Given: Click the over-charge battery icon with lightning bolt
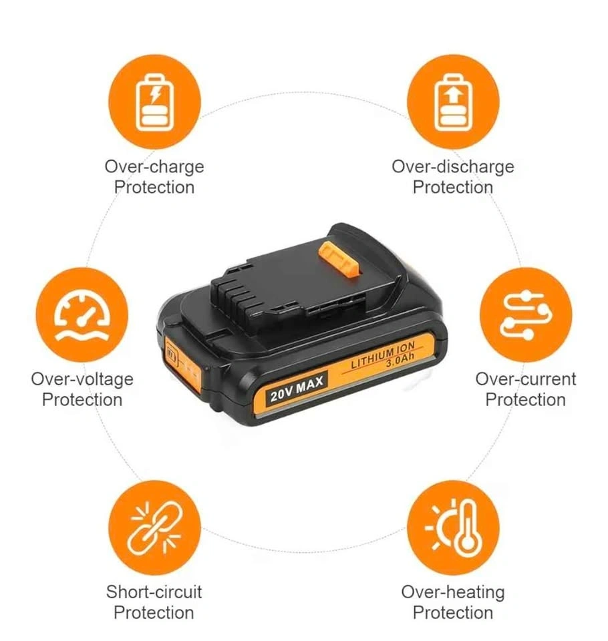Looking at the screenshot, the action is (154, 102).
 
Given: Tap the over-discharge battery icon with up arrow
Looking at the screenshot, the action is (453, 102).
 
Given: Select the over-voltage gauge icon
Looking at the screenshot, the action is (82, 315).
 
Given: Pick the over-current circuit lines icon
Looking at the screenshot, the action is (526, 315).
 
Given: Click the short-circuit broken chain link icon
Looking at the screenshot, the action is (154, 527).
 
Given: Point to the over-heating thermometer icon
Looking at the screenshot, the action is (453, 527).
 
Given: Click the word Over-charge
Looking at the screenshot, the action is (154, 167).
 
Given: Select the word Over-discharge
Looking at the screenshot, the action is (453, 167).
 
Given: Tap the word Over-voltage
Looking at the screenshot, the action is (82, 379).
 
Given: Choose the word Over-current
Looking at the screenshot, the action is (526, 379).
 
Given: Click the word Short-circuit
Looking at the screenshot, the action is (154, 592).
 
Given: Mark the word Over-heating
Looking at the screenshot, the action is (453, 592).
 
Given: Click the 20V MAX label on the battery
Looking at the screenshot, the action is (297, 389).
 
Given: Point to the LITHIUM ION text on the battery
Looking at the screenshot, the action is (383, 355).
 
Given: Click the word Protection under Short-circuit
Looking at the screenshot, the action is (154, 613).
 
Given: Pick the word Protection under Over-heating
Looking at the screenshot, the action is (453, 613).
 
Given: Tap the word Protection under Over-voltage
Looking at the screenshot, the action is (82, 400).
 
